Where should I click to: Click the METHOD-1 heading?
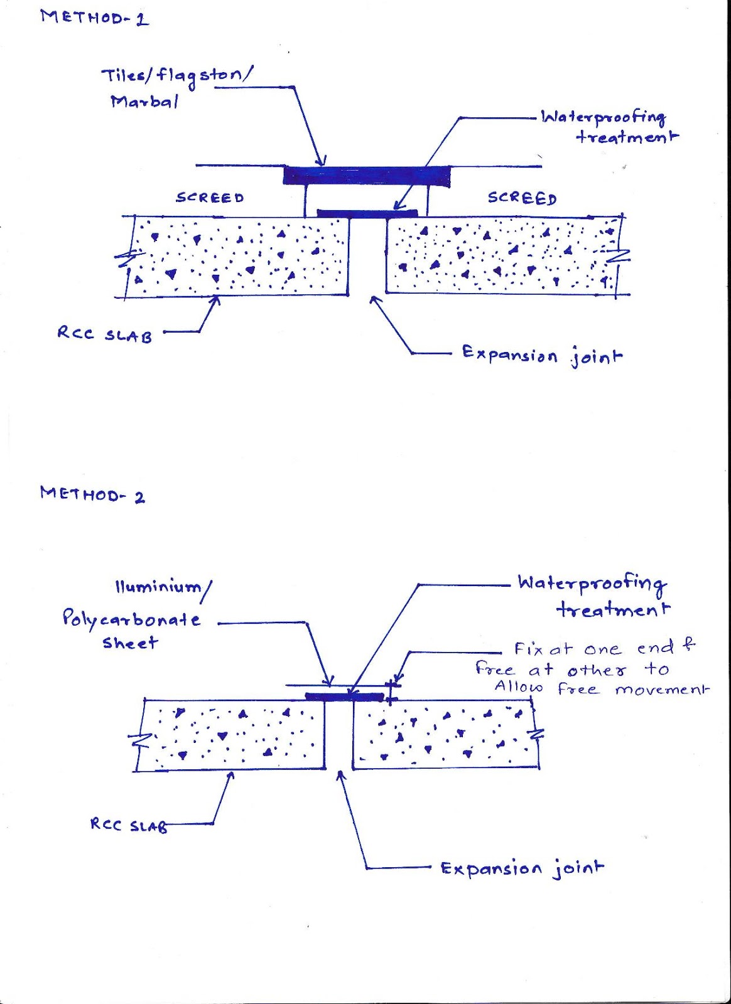tap(94, 17)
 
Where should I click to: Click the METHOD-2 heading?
tap(92, 494)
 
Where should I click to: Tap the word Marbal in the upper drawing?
tap(144, 101)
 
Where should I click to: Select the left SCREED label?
tap(210, 198)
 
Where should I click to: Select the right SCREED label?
tap(522, 198)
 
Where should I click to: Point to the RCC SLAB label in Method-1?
tap(104, 334)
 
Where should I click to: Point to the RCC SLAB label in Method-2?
tap(129, 825)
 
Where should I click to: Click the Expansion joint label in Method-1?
tap(542, 355)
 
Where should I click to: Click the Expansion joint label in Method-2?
tap(522, 869)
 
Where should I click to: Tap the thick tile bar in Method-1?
tap(367, 175)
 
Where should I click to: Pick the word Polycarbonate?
tap(131, 620)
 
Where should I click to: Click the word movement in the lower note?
tap(661, 690)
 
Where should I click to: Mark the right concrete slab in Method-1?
tap(502, 256)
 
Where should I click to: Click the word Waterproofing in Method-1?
tap(603, 117)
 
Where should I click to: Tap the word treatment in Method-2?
tap(613, 609)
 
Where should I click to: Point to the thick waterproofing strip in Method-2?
tap(344, 697)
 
